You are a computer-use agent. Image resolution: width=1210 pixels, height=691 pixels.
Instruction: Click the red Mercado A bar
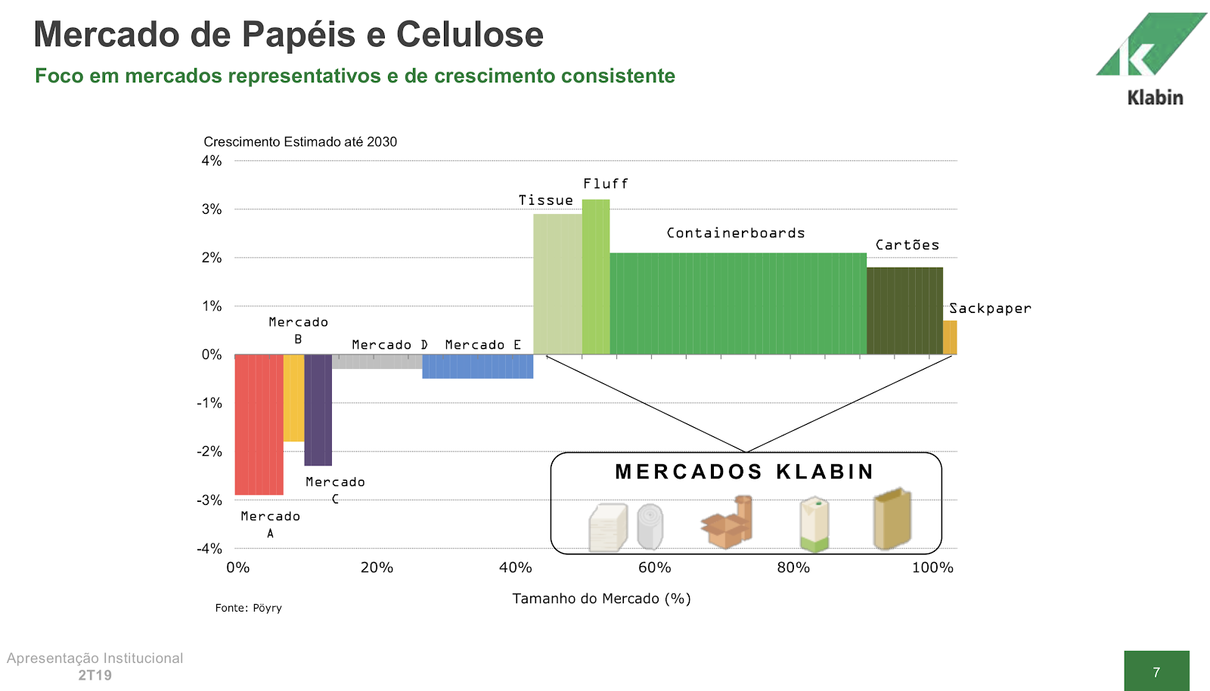[x=259, y=424]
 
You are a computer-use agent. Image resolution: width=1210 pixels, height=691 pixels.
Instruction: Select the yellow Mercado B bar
[x=293, y=398]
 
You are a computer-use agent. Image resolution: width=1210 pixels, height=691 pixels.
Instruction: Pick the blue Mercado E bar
[x=477, y=367]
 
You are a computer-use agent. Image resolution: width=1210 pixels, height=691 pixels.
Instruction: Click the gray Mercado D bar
[x=377, y=361]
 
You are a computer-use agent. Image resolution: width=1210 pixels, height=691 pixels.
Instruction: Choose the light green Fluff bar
[x=596, y=277]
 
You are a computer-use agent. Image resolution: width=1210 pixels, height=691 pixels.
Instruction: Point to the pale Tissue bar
[x=557, y=284]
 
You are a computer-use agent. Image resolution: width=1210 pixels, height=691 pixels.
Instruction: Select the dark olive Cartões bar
[x=904, y=311]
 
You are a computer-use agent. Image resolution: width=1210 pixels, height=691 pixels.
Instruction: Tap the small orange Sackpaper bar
[x=950, y=337]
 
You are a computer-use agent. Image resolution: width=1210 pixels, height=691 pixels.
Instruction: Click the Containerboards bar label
[x=735, y=233]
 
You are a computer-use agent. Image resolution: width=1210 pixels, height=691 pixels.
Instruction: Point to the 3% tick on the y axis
[x=212, y=209]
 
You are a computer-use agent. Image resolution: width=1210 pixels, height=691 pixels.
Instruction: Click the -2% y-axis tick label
[x=209, y=451]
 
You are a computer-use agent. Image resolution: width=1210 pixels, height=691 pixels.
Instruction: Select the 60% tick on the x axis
[x=654, y=568]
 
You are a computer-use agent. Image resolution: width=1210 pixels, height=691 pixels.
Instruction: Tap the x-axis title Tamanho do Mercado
[x=601, y=599]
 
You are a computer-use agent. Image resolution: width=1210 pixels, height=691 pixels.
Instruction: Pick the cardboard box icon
[x=727, y=522]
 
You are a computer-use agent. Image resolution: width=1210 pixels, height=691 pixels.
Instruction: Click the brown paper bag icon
[x=892, y=519]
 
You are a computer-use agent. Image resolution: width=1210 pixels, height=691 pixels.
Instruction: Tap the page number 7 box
[x=1156, y=671]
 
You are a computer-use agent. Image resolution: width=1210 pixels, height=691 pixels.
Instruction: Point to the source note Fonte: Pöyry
[x=248, y=608]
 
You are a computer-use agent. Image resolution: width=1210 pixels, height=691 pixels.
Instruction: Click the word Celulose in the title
[x=469, y=35]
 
